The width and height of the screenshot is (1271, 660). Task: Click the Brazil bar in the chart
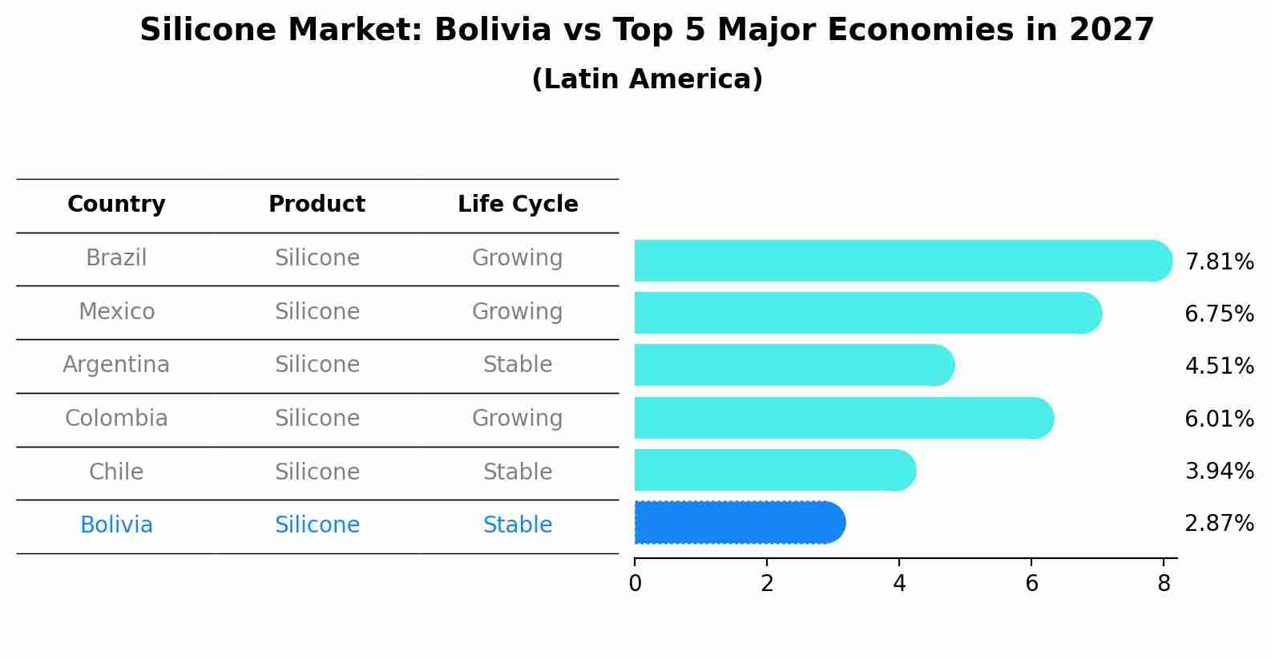[x=898, y=261]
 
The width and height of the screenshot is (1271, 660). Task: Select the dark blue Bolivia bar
[x=737, y=523]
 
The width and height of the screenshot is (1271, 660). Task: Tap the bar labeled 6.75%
[x=865, y=313]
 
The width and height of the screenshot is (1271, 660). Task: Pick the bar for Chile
[x=773, y=470]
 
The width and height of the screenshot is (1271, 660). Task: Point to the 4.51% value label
[x=1219, y=366]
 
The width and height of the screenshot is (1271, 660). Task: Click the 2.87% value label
[x=1219, y=524]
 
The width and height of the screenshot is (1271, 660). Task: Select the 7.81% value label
[x=1219, y=262]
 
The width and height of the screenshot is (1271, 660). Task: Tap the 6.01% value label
[x=1219, y=419]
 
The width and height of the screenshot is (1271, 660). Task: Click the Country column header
[x=116, y=204]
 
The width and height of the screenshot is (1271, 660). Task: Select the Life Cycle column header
[x=518, y=204]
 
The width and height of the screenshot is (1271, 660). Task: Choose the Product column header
[x=317, y=204]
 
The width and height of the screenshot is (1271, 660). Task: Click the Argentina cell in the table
[x=116, y=365]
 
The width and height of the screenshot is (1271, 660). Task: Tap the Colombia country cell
[x=116, y=419]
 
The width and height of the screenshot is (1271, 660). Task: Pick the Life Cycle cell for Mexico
[x=517, y=311]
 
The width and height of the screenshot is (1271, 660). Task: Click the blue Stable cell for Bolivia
[x=517, y=525]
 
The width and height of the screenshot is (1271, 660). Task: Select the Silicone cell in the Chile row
[x=317, y=472]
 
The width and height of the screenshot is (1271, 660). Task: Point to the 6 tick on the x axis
[x=1031, y=584]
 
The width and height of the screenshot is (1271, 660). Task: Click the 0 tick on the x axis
[x=635, y=584]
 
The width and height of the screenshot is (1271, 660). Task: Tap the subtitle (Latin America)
[x=647, y=79]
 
